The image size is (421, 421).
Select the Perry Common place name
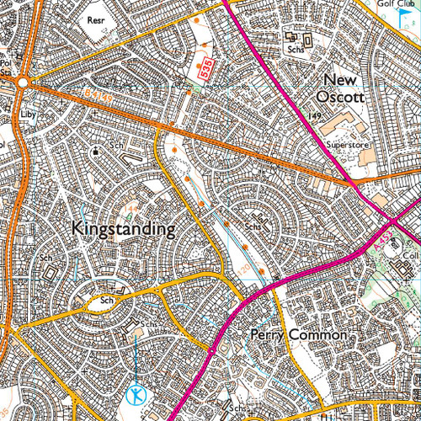click(x=299, y=334)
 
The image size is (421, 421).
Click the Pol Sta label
click(x=7, y=67)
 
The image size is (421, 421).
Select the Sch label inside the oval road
click(x=106, y=300)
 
